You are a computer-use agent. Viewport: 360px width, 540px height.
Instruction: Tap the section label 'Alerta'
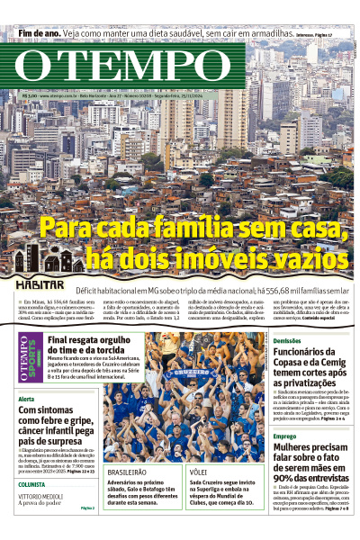pyautogui.click(x=27, y=399)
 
